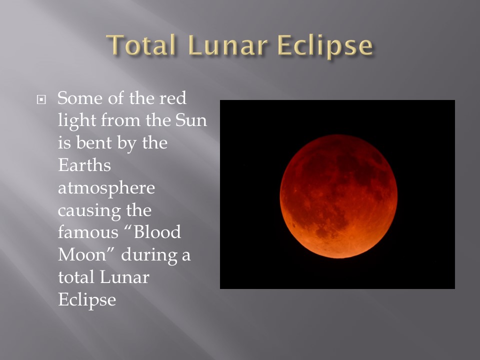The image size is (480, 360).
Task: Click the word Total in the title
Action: (141, 45)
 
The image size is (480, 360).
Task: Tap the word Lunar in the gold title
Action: (228, 45)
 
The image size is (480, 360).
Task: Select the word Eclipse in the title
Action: (325, 46)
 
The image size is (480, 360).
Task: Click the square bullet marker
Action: (41, 99)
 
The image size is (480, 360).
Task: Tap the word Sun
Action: (191, 120)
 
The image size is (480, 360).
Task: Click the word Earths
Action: (84, 165)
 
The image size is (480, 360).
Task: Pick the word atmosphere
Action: (106, 188)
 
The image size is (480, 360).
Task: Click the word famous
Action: (88, 232)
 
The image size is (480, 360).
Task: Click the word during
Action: (149, 255)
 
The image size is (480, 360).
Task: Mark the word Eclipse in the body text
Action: (87, 300)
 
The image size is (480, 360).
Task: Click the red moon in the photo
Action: (338, 196)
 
